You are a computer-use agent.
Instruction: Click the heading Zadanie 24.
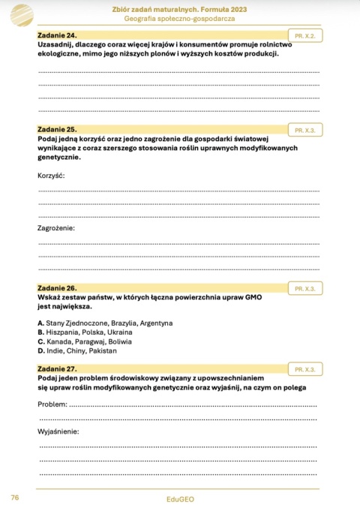click(x=57, y=35)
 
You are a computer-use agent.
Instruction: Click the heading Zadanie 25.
click(x=57, y=129)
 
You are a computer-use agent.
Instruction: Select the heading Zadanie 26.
click(x=57, y=287)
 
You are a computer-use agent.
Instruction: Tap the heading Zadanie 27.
click(x=57, y=369)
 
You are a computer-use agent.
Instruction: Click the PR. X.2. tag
click(x=304, y=35)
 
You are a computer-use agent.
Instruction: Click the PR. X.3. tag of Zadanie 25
click(x=304, y=129)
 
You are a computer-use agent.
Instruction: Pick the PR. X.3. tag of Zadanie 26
click(x=304, y=288)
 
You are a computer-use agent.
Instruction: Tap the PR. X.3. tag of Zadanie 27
click(x=304, y=370)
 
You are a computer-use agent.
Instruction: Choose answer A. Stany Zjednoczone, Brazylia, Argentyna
click(x=105, y=323)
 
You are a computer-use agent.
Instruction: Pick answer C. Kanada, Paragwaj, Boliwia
click(x=84, y=341)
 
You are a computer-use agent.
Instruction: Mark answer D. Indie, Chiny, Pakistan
click(x=77, y=350)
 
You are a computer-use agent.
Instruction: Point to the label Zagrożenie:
click(x=56, y=227)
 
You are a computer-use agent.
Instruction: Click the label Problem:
click(x=52, y=405)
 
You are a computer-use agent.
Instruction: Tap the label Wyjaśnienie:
click(x=58, y=431)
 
